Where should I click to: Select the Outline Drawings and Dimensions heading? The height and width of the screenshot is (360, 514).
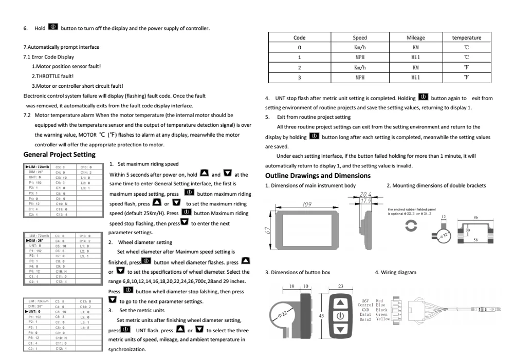tap(318, 176)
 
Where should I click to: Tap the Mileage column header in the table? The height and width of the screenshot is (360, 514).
tap(416, 37)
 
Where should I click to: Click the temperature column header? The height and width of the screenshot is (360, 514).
tap(466, 37)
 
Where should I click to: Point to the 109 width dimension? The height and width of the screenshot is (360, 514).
tap(307, 204)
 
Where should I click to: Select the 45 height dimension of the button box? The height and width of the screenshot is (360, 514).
tap(321, 317)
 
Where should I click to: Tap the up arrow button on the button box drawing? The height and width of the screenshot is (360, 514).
tap(340, 305)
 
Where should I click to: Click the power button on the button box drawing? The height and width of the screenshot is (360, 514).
tap(340, 316)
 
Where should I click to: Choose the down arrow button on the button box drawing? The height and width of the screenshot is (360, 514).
tap(340, 330)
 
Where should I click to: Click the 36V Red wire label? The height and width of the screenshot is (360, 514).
tap(372, 301)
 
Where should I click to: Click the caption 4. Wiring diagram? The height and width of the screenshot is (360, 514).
tap(396, 272)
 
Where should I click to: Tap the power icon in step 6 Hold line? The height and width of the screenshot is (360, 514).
tap(53, 27)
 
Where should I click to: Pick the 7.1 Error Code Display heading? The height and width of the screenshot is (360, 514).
tap(49, 56)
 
